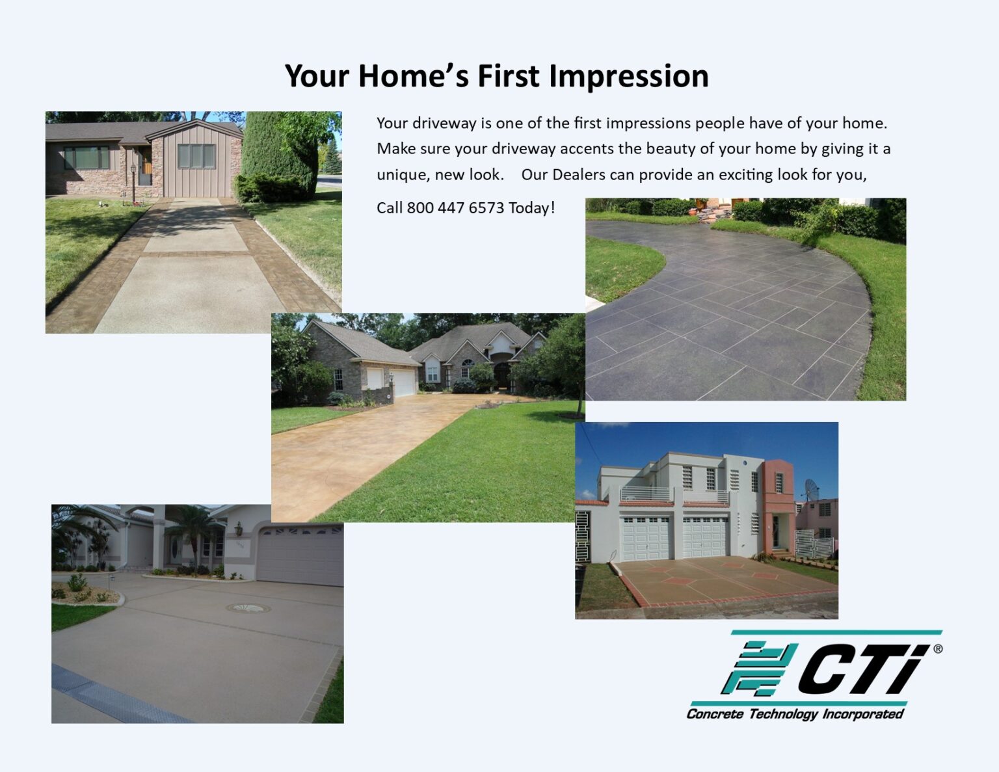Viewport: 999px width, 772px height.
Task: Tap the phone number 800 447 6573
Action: (x=455, y=208)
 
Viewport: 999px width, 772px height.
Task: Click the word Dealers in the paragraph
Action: (x=578, y=175)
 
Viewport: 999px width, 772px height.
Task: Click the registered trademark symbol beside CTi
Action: (x=937, y=648)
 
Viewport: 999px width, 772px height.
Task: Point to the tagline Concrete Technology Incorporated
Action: (x=795, y=714)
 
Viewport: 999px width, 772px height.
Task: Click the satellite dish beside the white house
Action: (x=812, y=488)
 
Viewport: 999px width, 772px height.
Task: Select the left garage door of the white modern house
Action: (x=646, y=538)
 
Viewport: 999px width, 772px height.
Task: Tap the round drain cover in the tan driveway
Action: (x=248, y=608)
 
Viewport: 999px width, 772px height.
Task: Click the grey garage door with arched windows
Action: (x=300, y=555)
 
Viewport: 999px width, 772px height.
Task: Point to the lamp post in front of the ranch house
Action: (x=133, y=181)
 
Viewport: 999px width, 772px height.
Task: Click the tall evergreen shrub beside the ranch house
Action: (x=278, y=156)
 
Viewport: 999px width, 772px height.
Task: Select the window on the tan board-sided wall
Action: (x=196, y=156)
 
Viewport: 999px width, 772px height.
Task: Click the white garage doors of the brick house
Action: (x=393, y=381)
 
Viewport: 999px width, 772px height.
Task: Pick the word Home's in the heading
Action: (x=413, y=77)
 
